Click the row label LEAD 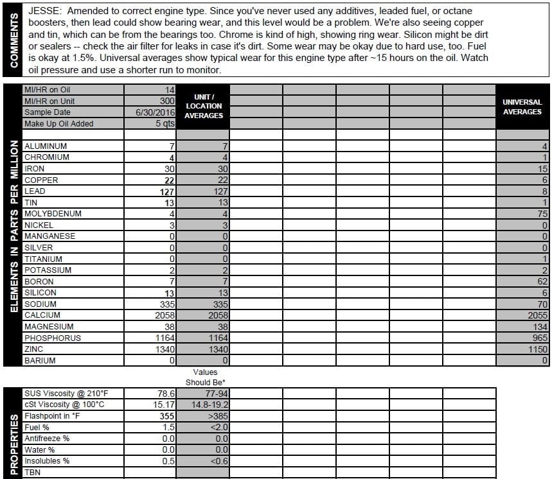pos(35,191)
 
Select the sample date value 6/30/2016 pos(155,112)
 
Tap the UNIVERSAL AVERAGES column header pos(522,107)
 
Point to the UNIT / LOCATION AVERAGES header pos(204,106)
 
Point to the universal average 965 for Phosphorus pos(539,338)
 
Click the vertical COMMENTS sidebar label pos(13,42)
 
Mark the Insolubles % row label pos(47,461)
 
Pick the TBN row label pos(32,472)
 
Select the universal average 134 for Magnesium pos(539,326)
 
